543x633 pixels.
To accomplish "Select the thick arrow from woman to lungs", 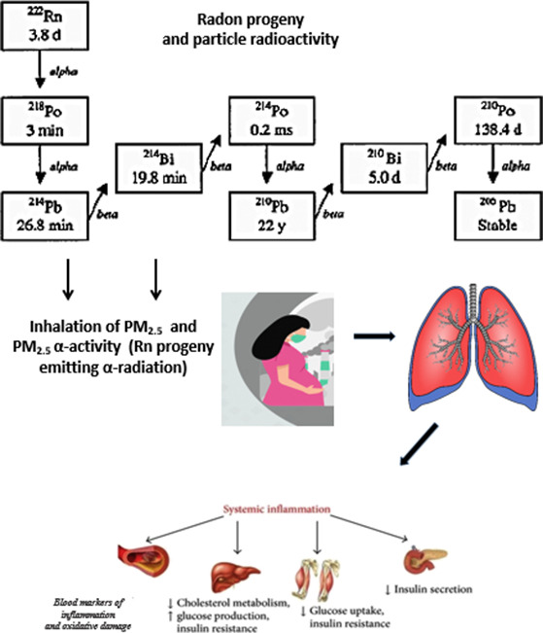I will tap(370, 337).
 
